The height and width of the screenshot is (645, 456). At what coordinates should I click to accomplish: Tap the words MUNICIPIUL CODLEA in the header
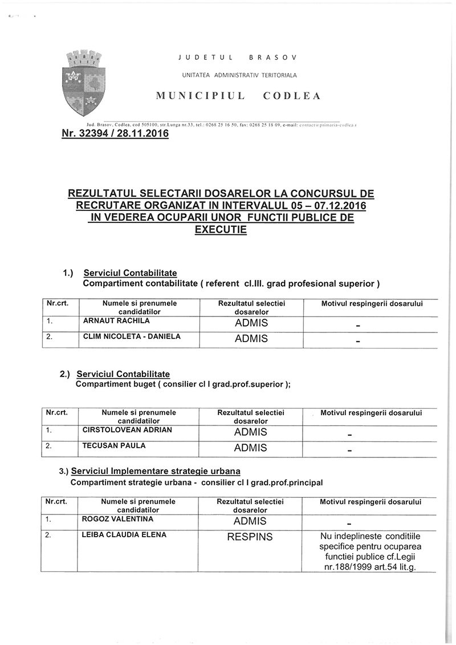(238, 96)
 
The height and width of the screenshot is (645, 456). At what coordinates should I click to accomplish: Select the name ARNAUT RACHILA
(117, 321)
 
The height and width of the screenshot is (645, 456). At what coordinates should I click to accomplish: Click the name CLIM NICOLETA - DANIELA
(132, 336)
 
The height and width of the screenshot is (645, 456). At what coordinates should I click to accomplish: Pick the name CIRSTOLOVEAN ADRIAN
(127, 429)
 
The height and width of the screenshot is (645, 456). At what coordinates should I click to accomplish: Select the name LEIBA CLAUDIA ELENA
(124, 535)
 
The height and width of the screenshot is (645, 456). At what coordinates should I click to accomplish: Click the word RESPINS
(250, 537)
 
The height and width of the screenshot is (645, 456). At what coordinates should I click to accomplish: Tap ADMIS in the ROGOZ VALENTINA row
(250, 522)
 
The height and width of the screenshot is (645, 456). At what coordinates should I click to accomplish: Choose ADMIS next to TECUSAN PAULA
(250, 448)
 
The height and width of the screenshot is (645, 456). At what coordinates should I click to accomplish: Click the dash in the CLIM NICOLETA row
(358, 342)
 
